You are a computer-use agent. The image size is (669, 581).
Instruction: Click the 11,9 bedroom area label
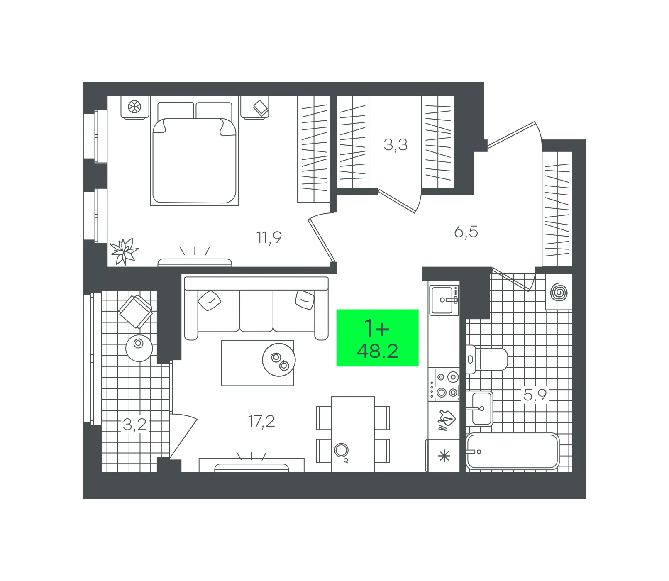pos(269,237)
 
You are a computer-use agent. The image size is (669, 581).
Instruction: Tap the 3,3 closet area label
pos(396,145)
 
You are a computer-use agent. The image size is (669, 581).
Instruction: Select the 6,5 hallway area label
pos(466,232)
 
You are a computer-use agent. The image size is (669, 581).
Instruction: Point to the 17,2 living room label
pos(261,422)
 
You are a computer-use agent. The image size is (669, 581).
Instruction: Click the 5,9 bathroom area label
pos(535,395)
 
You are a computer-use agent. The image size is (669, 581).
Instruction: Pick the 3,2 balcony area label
pos(135,425)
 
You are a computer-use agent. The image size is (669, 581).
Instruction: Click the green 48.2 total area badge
pos(377,338)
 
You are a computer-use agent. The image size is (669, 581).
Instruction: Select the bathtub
pos(513,452)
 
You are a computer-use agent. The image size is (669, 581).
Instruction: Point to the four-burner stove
pos(444,385)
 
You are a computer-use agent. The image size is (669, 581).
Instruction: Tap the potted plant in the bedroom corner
pos(124,251)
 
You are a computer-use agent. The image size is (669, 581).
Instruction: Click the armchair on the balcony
pos(135,312)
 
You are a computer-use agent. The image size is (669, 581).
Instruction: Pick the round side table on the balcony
pos(139,348)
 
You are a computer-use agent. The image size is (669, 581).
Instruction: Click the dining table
pos(353,434)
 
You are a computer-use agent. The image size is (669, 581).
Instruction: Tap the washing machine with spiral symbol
pos(559,292)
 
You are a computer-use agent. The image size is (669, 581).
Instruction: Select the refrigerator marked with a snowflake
pos(444,456)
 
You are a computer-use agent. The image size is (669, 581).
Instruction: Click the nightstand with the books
pos(255,108)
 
